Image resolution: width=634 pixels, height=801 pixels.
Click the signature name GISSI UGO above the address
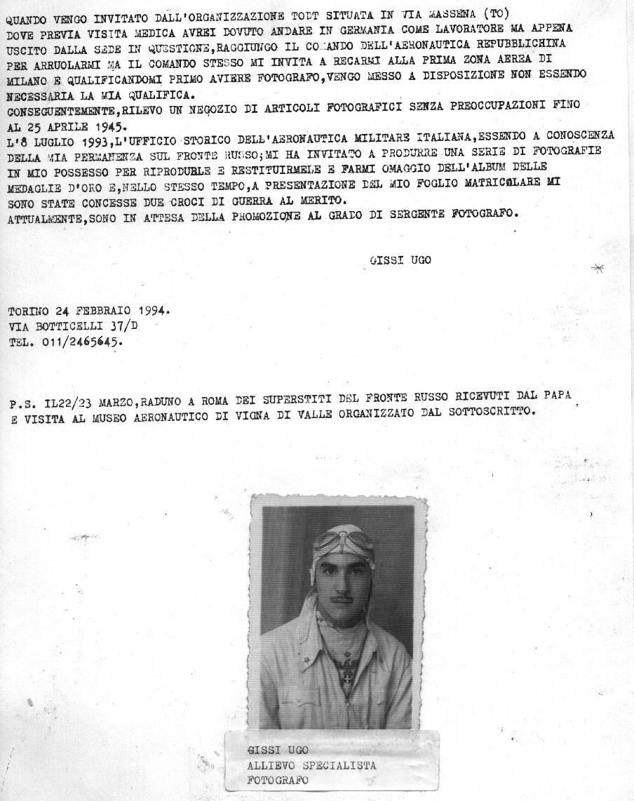click(400, 260)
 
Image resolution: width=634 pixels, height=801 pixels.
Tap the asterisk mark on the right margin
click(598, 268)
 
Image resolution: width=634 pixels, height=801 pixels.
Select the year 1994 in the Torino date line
click(153, 311)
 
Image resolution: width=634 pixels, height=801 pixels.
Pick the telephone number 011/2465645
click(79, 342)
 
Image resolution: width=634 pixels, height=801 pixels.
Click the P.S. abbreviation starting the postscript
click(22, 404)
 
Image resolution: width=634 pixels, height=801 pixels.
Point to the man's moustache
click(340, 600)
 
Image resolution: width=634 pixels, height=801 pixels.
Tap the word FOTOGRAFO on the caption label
click(278, 780)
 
